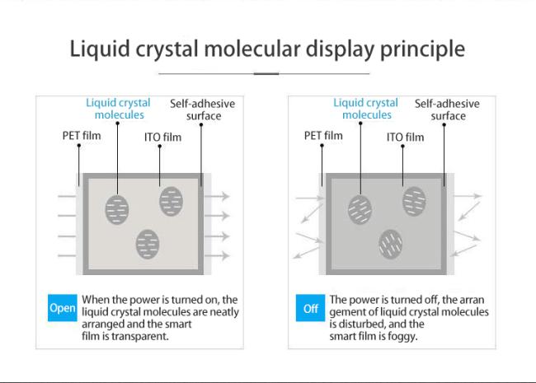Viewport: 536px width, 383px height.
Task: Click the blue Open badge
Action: pyautogui.click(x=63, y=308)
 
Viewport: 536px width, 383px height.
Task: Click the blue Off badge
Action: pyautogui.click(x=310, y=308)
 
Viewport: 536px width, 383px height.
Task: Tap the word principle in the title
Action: pyautogui.click(x=422, y=49)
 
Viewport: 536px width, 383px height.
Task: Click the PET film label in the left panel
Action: pyautogui.click(x=82, y=136)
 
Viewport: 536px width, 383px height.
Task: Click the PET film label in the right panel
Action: pyautogui.click(x=323, y=136)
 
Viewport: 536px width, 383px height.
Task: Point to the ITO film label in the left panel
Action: pyautogui.click(x=162, y=138)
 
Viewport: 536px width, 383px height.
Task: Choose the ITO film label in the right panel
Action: pyautogui.click(x=405, y=138)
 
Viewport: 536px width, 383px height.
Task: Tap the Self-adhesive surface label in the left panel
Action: pyautogui.click(x=203, y=110)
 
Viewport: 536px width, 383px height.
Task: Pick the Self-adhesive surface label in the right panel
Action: pyautogui.click(x=448, y=110)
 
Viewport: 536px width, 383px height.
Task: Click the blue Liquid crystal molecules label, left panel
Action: pyautogui.click(x=118, y=109)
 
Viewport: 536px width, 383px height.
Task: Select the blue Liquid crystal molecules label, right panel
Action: pyautogui.click(x=366, y=109)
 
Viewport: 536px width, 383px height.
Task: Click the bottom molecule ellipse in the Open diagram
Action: pyautogui.click(x=148, y=244)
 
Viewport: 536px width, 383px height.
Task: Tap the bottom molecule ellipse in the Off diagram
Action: pyautogui.click(x=390, y=244)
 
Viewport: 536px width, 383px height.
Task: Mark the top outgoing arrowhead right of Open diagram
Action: pyautogui.click(x=225, y=196)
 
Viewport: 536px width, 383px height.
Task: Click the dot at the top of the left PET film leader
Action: pyautogui.click(x=79, y=146)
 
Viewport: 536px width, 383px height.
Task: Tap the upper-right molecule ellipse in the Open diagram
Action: pyautogui.click(x=171, y=201)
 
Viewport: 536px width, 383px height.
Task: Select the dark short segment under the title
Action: pyautogui.click(x=266, y=73)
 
